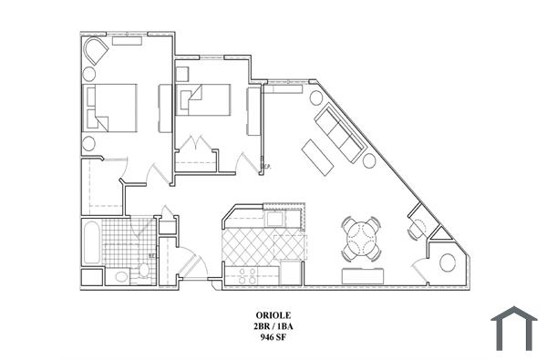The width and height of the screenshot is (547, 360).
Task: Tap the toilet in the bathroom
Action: pos(122,274)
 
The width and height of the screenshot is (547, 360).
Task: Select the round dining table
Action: pos(362,239)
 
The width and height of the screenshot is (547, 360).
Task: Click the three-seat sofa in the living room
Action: pos(338,133)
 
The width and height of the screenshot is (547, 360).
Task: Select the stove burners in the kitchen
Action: pos(243,273)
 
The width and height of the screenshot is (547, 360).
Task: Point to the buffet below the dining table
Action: pos(362,276)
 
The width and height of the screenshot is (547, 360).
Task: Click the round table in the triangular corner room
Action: pos(448,263)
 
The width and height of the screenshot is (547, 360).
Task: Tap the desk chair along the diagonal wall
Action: pos(417,230)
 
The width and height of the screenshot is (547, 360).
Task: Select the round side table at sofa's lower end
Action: pos(369,160)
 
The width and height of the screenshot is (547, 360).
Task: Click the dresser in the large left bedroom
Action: pos(165,108)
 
